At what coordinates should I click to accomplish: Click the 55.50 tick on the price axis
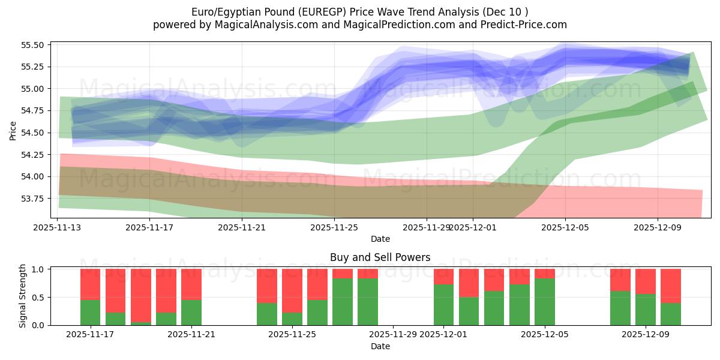34,45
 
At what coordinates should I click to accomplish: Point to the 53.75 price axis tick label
34,199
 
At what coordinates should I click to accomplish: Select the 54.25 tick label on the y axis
34,155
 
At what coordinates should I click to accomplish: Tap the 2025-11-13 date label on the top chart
58,227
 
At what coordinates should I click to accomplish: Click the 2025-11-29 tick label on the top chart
427,227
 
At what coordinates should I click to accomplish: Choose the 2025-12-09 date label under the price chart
658,227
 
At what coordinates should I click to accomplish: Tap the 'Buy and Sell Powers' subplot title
380,257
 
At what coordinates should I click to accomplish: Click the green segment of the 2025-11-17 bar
90,312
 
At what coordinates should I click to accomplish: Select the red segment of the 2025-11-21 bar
191,284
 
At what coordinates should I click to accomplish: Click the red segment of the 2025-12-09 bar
646,281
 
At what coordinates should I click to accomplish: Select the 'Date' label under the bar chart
380,346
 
